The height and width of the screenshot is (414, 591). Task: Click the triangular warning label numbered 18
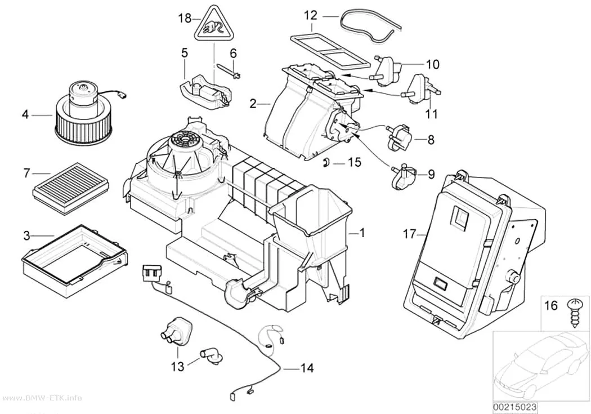tap(214, 26)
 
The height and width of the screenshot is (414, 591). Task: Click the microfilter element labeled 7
tap(72, 183)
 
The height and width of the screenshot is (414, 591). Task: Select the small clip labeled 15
tap(326, 162)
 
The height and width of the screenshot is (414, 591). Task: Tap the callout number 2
tap(253, 103)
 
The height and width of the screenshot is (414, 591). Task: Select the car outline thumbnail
tap(541, 366)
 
